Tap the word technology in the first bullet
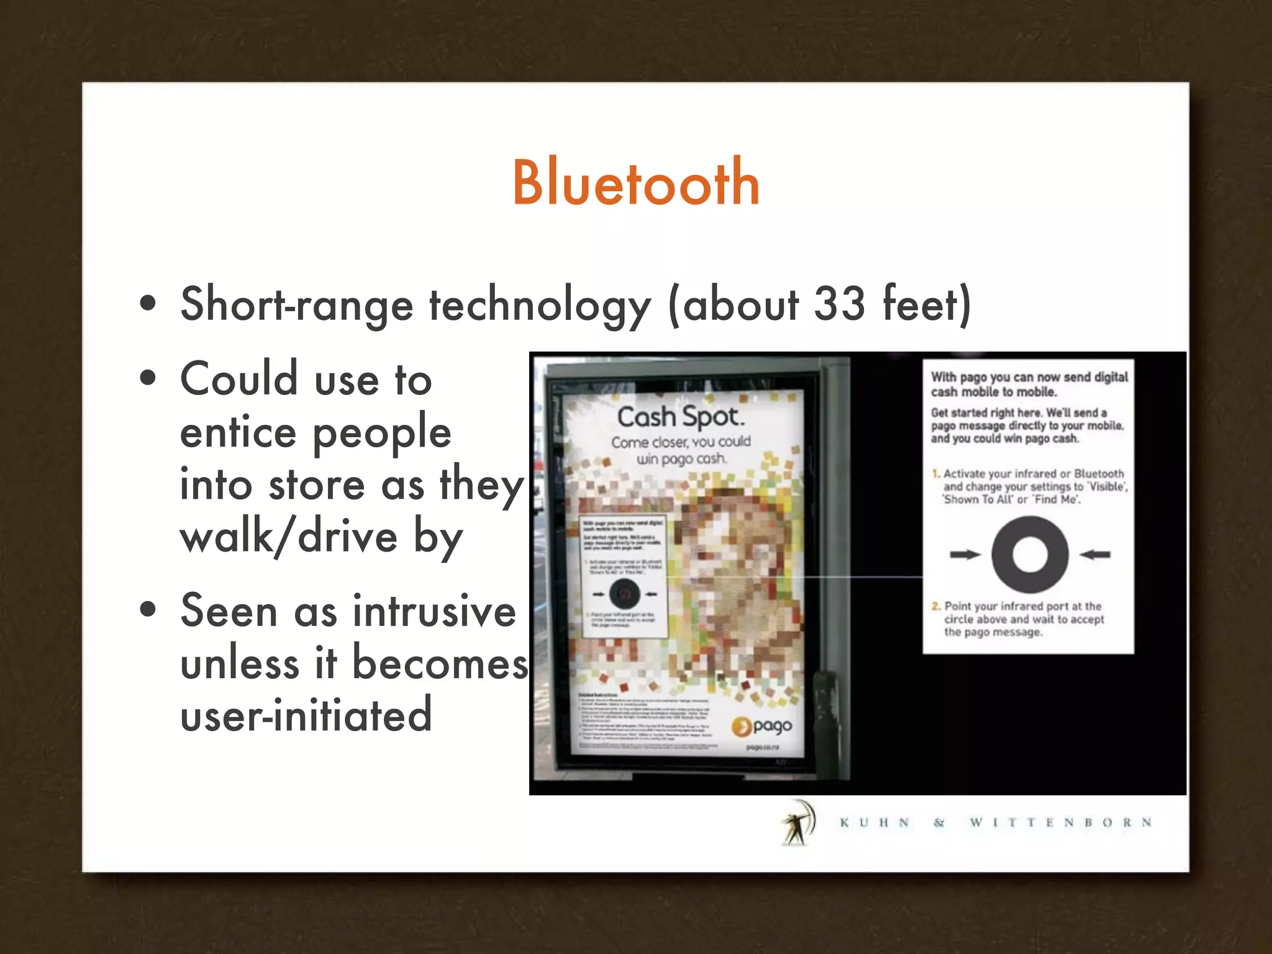(x=540, y=306)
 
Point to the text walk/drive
(x=288, y=537)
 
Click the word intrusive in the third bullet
(x=434, y=611)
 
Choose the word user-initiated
(x=306, y=715)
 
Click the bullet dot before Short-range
(x=148, y=304)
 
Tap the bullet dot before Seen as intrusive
(x=148, y=609)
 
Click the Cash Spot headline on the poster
(x=680, y=417)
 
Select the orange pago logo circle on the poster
(x=741, y=726)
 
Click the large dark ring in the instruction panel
(x=1030, y=555)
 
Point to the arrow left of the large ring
(x=965, y=555)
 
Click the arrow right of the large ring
(x=1095, y=555)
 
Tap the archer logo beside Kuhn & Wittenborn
(x=797, y=822)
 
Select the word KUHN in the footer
(x=874, y=822)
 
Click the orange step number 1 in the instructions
(x=936, y=473)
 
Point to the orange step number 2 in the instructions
(x=936, y=606)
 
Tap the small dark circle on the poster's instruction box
(x=625, y=594)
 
